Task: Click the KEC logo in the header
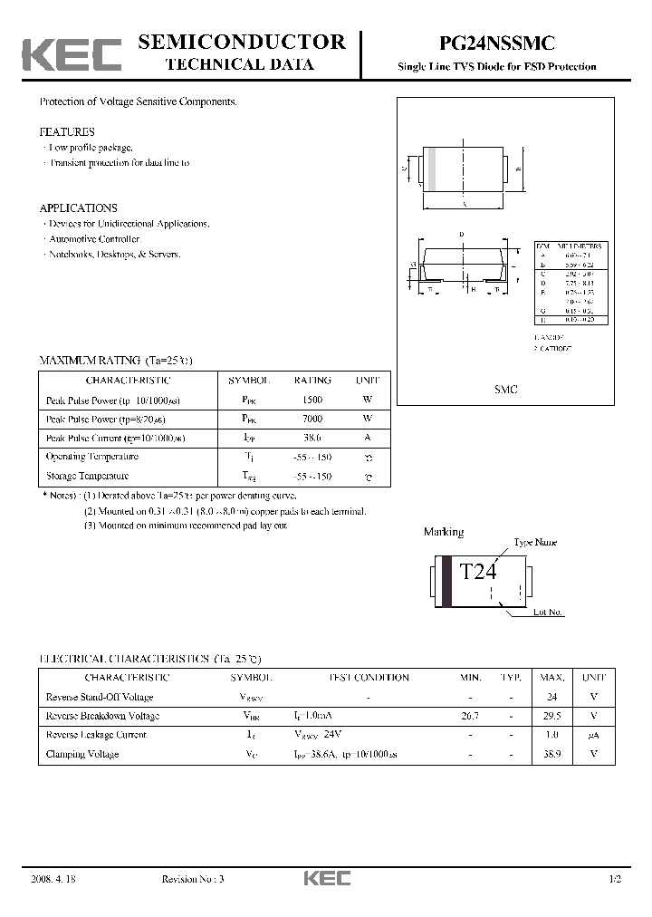click(72, 55)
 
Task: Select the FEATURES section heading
click(67, 131)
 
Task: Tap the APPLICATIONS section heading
click(79, 208)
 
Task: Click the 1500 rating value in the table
click(312, 400)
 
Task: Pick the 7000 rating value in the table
click(312, 419)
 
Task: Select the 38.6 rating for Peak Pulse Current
click(312, 438)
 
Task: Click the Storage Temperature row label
click(87, 476)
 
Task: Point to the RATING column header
click(312, 381)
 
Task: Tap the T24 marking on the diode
click(478, 572)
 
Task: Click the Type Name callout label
click(535, 542)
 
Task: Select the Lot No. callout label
click(548, 613)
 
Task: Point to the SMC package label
click(506, 389)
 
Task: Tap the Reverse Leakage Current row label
click(95, 735)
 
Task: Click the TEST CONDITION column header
click(368, 678)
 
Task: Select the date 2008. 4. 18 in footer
click(53, 879)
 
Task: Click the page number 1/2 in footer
click(616, 879)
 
